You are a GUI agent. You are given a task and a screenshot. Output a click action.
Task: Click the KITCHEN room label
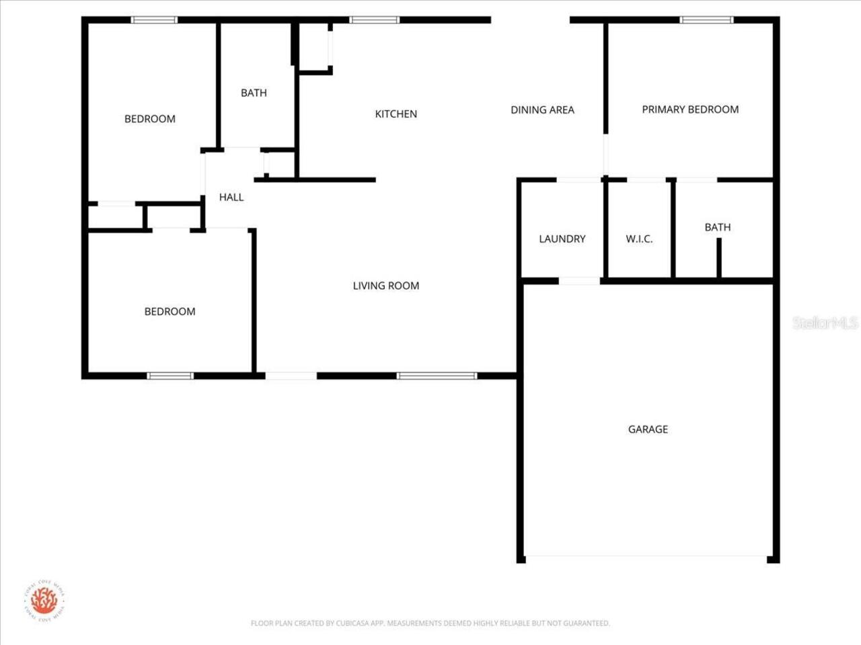coord(396,114)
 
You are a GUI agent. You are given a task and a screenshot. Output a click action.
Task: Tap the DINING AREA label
coord(542,110)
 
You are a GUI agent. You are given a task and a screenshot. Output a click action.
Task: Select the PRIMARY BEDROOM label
coord(690,110)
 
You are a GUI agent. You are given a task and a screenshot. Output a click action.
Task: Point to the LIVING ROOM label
coord(385,286)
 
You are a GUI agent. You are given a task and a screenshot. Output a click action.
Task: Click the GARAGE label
coord(648,429)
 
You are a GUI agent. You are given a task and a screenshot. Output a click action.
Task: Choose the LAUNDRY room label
coord(562,239)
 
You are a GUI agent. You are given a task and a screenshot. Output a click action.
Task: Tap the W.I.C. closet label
coord(639,239)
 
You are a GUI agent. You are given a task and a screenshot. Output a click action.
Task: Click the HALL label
coord(231,198)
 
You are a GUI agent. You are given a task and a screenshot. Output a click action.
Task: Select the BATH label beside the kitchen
coord(254,93)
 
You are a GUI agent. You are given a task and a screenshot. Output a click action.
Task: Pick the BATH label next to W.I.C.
coord(717,228)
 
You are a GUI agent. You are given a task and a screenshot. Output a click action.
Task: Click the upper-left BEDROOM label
coord(149,120)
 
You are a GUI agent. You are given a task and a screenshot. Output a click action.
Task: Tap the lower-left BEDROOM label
coord(170,312)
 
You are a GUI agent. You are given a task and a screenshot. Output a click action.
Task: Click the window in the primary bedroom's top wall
coord(706,20)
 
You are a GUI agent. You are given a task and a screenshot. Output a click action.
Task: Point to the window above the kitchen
coord(374,20)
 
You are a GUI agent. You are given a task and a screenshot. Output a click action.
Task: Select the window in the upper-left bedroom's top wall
coord(154,20)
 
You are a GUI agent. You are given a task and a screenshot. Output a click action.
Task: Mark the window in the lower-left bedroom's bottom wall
coord(170,376)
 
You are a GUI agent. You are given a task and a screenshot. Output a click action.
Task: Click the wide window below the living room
coord(437,376)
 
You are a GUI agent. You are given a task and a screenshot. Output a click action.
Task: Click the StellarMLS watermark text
coord(825,323)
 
